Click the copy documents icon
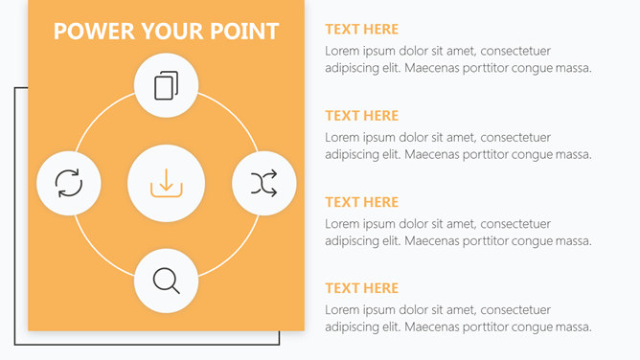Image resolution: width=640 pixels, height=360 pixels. coord(166,85)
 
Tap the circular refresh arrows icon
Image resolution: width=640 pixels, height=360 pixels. coord(69,183)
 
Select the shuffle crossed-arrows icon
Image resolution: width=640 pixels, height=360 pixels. coord(264,183)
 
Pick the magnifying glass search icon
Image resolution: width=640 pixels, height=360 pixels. coord(166,281)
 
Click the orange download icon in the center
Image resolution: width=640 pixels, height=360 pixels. coord(166,184)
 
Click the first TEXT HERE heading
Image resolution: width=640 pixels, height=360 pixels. coord(361,30)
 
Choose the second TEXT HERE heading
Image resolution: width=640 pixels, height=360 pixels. coord(361,116)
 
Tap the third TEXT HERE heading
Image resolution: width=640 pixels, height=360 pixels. coord(361,202)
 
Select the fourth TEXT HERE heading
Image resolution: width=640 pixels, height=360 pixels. coord(361,288)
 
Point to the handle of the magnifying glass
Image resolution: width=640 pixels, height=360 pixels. coord(175,289)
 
